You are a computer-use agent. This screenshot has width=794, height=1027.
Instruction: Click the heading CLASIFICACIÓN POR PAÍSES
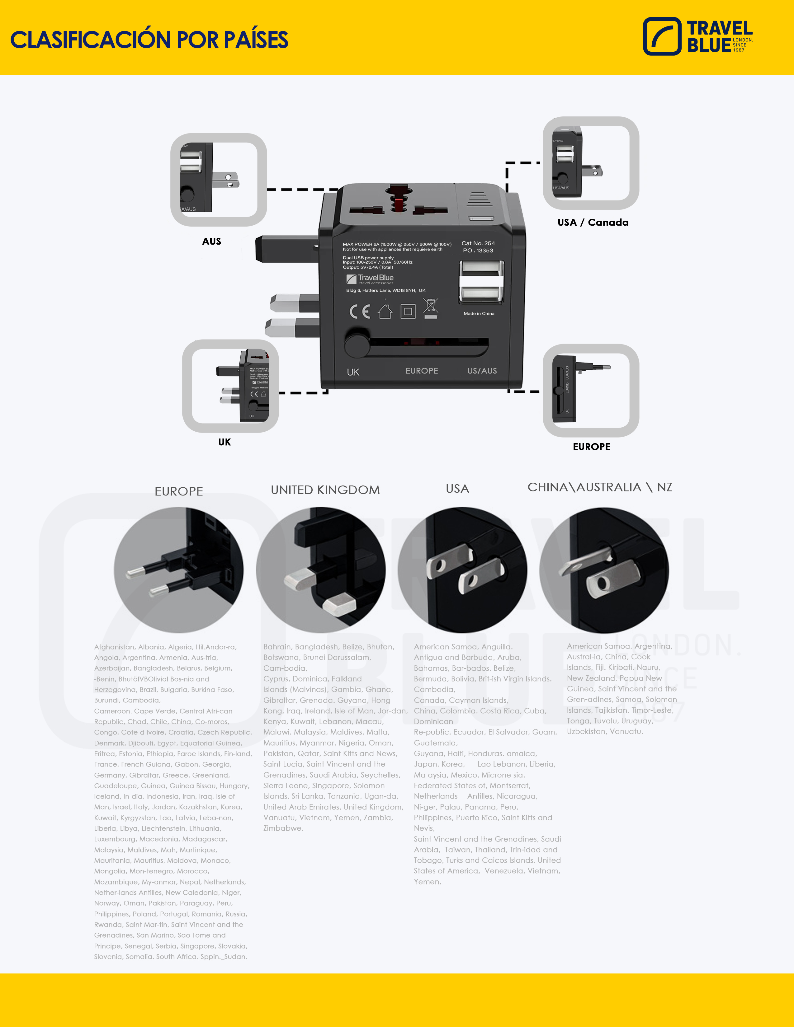pos(149,40)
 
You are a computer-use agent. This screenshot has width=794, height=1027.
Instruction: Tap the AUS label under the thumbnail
pos(212,241)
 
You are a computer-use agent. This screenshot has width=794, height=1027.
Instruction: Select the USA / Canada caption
pos(593,223)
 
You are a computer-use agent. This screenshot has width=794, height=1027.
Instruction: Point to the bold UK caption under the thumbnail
pos(224,442)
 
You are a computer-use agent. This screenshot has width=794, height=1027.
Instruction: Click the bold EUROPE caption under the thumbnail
pos(591,447)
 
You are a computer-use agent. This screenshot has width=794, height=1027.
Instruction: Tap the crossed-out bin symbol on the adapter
pos(430,308)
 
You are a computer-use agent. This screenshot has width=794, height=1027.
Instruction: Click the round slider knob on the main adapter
pos(357,346)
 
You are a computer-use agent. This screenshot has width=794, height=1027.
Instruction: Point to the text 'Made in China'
pos(479,314)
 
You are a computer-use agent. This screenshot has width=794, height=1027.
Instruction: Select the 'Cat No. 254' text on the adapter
pos(478,243)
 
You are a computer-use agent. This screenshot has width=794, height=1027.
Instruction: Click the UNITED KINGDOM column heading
pos(325,490)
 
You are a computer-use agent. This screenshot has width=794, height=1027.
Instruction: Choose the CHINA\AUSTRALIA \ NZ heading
pos(600,487)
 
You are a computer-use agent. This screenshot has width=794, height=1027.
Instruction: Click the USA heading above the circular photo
pos(457,489)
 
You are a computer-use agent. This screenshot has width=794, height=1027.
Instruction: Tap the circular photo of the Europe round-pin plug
pos(179,570)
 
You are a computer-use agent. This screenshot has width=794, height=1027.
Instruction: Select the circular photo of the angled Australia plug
pos(604,570)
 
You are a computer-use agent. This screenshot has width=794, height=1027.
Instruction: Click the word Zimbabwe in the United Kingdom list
pos(283,828)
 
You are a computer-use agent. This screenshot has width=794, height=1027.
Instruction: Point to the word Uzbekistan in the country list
pos(587,732)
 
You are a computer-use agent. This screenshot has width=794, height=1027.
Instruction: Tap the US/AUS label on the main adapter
pos(482,371)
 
